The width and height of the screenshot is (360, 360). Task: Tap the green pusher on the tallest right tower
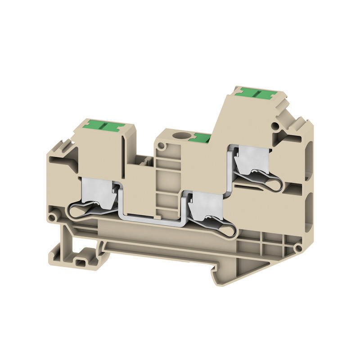(x=252, y=93)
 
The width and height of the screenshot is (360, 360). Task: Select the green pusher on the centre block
(x=199, y=138)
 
